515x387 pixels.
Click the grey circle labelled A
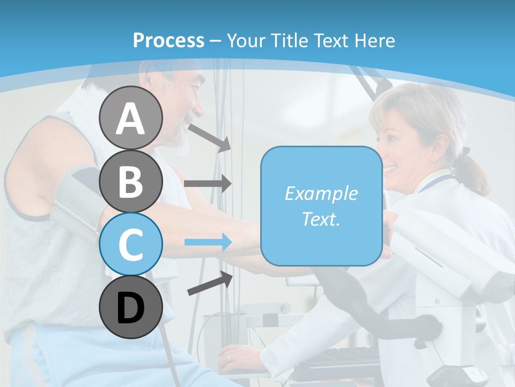pos(130,118)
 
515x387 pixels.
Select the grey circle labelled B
pos(130,181)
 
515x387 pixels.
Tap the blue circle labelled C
pos(130,244)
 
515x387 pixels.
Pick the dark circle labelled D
pos(130,307)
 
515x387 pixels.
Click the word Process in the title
pos(168,40)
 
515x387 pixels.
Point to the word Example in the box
pos(321,193)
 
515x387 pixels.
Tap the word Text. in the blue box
pos(321,219)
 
